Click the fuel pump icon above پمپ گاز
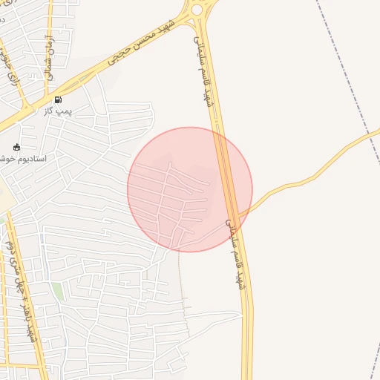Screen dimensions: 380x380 coord(58,99)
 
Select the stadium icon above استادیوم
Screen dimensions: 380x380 coord(17,147)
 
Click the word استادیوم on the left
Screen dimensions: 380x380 coord(31,160)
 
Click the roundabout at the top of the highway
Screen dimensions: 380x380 coord(196,10)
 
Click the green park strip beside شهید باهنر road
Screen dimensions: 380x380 coord(58,291)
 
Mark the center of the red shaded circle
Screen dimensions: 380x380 coord(190,189)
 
